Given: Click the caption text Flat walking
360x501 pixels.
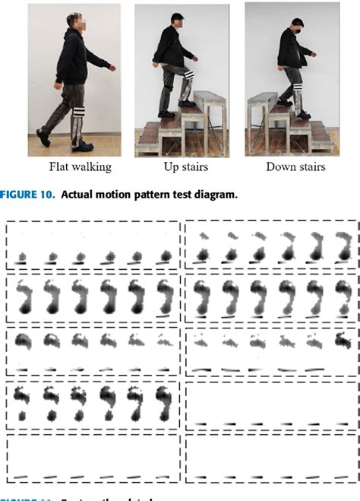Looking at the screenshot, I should pyautogui.click(x=81, y=167).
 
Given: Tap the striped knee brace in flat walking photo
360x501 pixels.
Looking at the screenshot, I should pyautogui.click(x=77, y=116).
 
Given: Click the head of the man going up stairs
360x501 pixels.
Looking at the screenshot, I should pyautogui.click(x=178, y=21).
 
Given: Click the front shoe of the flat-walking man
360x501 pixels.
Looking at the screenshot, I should pyautogui.click(x=85, y=146).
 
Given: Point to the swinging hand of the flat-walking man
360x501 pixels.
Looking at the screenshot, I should pyautogui.click(x=113, y=68).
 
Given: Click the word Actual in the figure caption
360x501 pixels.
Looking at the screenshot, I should pyautogui.click(x=77, y=195).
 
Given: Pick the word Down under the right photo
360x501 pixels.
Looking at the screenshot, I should pyautogui.click(x=279, y=167).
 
